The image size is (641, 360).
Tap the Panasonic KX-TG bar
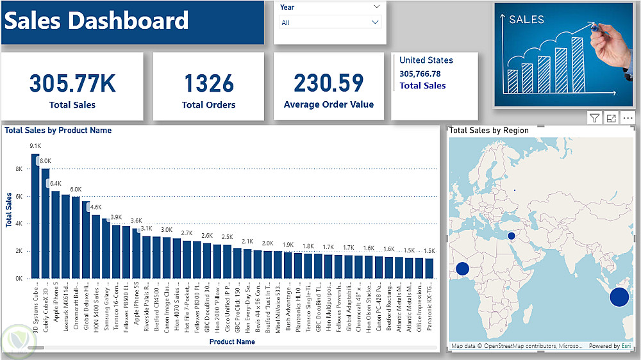[429, 268]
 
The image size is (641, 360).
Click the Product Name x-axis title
[232, 341]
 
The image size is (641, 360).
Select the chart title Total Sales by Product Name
[58, 131]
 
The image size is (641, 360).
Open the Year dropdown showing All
[330, 22]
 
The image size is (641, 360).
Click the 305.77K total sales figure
[72, 84]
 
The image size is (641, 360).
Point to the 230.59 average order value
[329, 83]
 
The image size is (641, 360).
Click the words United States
[426, 60]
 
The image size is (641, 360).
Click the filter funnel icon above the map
[595, 118]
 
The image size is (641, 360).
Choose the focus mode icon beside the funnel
[612, 118]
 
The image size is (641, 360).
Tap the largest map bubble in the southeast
[619, 297]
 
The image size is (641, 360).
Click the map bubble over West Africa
[462, 269]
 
